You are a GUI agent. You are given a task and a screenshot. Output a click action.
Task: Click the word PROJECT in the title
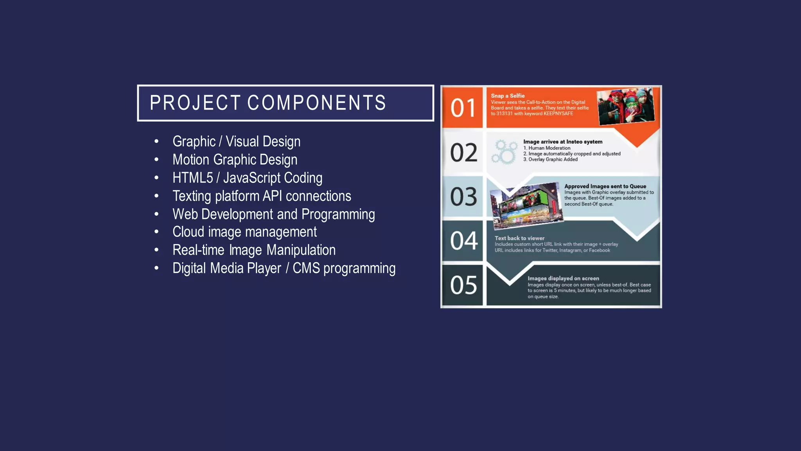pyautogui.click(x=195, y=103)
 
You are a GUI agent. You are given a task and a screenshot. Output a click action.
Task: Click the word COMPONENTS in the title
pyautogui.click(x=316, y=103)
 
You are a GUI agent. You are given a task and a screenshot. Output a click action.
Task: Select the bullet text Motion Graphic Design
pyautogui.click(x=235, y=160)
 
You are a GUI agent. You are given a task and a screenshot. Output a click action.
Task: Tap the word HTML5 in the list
pyautogui.click(x=192, y=178)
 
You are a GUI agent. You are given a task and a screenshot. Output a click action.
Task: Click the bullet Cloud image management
pyautogui.click(x=244, y=232)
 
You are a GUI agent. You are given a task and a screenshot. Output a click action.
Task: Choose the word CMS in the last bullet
pyautogui.click(x=306, y=268)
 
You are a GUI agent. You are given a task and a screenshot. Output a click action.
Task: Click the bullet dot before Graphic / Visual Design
pyautogui.click(x=156, y=141)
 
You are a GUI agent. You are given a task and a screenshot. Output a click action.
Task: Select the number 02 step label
pyautogui.click(x=463, y=152)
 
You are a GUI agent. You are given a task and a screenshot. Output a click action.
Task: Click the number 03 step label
pyautogui.click(x=463, y=197)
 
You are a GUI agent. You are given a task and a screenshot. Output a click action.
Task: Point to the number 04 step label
pyautogui.click(x=463, y=240)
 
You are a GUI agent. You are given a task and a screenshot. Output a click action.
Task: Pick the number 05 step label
pyautogui.click(x=463, y=285)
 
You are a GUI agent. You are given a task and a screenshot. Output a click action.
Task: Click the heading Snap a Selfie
pyautogui.click(x=508, y=96)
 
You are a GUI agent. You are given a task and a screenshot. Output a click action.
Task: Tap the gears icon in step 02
pyautogui.click(x=504, y=152)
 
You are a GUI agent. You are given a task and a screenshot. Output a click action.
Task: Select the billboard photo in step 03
pyautogui.click(x=526, y=206)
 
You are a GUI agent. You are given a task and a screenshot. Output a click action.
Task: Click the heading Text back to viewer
pyautogui.click(x=519, y=238)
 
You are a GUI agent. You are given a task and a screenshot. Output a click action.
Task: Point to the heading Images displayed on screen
pyautogui.click(x=563, y=278)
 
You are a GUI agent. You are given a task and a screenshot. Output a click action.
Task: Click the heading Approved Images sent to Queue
pyautogui.click(x=605, y=186)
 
